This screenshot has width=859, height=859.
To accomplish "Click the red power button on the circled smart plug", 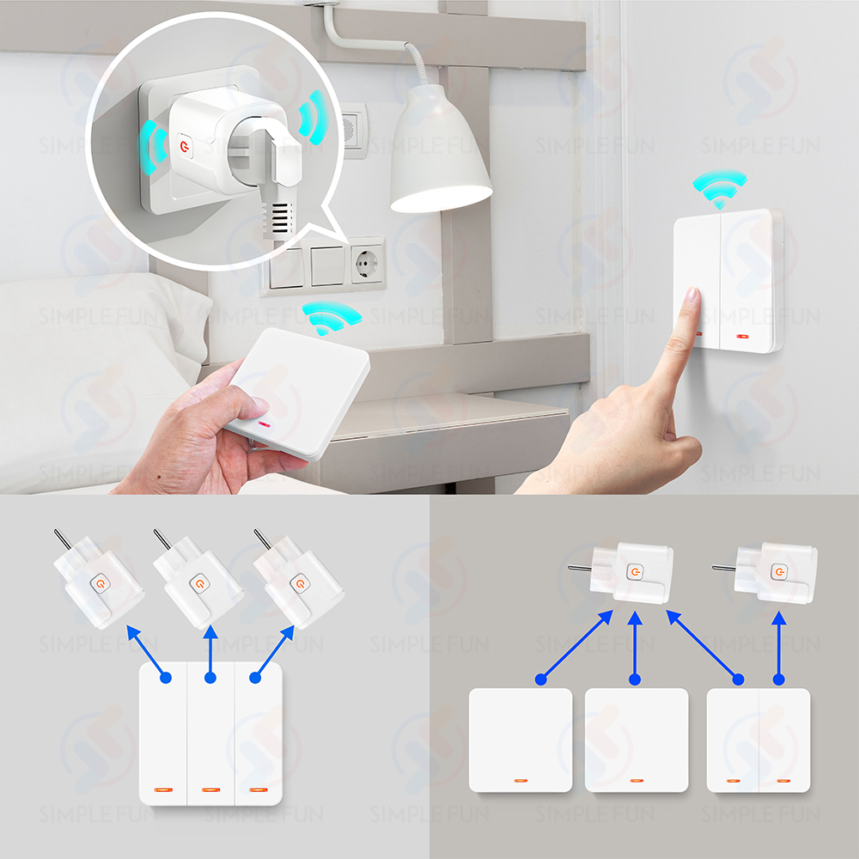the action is (x=184, y=146).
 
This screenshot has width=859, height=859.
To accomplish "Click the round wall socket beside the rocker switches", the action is (x=367, y=265).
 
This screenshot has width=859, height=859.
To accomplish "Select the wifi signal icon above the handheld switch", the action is (x=331, y=317).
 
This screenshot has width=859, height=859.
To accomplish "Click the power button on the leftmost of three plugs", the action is (x=101, y=583).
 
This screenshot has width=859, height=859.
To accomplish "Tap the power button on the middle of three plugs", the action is (x=199, y=583).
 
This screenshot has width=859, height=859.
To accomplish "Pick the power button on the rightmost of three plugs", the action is (x=300, y=583).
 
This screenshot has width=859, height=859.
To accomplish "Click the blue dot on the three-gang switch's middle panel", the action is (x=210, y=679).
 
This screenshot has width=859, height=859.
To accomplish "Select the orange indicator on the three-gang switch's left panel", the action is (x=163, y=790).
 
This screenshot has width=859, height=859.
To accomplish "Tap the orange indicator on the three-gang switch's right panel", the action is (x=258, y=790).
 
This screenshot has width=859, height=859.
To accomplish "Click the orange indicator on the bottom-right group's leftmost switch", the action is (x=521, y=780).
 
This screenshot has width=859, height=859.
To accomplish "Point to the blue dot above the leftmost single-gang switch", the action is (x=540, y=679).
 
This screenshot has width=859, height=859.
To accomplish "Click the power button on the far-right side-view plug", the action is (x=778, y=572).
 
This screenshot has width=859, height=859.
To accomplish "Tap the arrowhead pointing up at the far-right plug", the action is (x=778, y=618).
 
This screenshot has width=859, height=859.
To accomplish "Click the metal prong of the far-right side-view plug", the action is (x=723, y=568).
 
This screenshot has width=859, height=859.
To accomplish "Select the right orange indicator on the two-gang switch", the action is (x=783, y=780).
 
